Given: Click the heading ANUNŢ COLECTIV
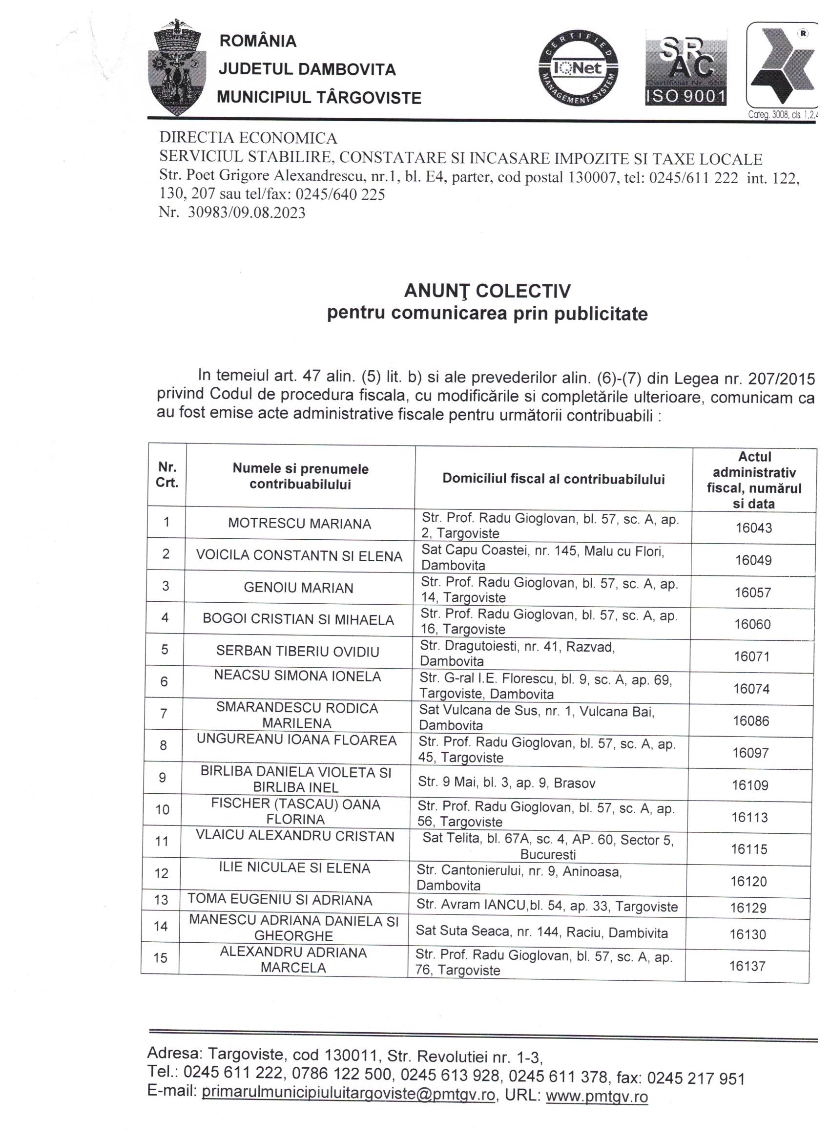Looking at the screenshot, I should pos(487,291).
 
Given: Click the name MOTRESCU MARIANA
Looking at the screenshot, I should pos(299,524).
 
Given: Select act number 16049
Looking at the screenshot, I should pos(753,560).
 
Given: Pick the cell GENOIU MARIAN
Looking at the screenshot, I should pos(298,588).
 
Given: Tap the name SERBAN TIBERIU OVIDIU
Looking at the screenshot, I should pos(297,651).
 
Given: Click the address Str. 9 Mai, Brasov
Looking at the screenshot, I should pos(506,782).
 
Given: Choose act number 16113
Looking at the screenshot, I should pos(749,817).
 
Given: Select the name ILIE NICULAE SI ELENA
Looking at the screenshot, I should pos(294,868).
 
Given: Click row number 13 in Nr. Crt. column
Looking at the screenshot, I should pos(161,899).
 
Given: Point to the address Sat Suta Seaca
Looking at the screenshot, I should pos(541,932).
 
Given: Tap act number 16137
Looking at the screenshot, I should pos(747,966).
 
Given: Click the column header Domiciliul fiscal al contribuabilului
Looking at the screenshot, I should pos(554,479).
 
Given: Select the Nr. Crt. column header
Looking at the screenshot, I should pos(167,475).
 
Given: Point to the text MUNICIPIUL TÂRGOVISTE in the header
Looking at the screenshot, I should pos(319,97).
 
